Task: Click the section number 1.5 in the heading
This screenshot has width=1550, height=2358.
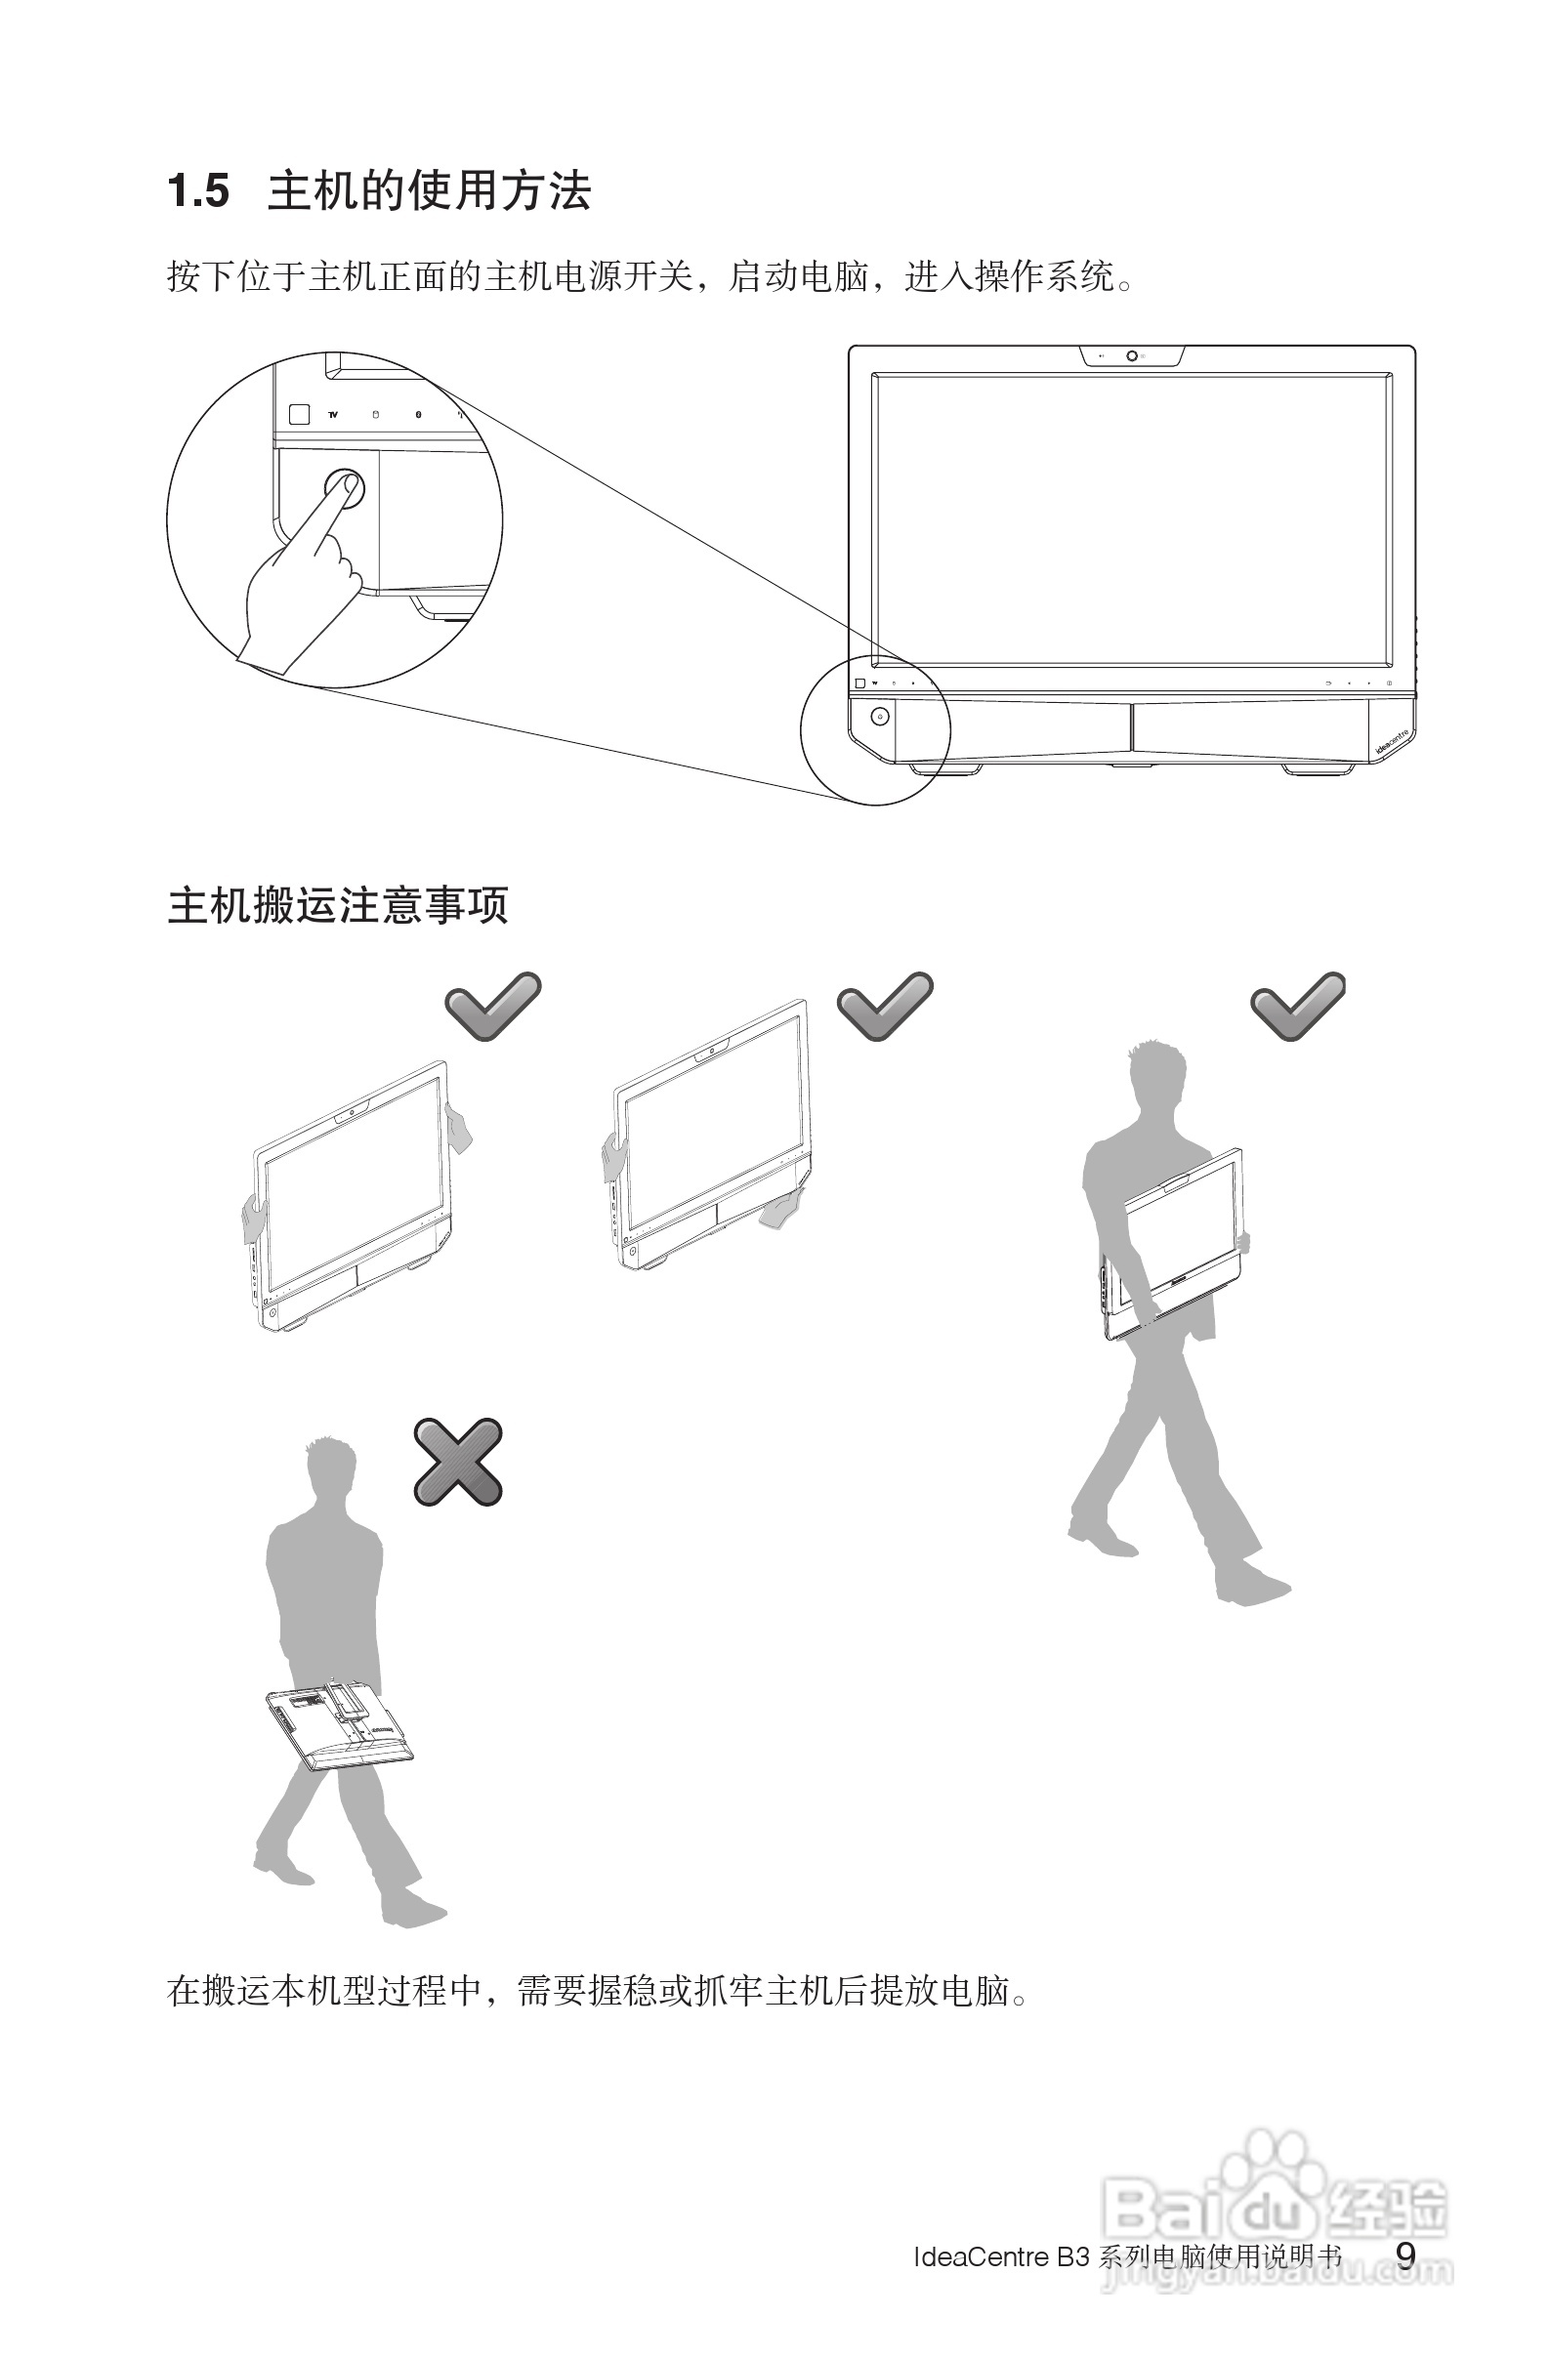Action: point(198,191)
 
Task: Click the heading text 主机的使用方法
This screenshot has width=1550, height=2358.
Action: point(429,191)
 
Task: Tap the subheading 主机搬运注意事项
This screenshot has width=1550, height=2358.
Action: point(338,905)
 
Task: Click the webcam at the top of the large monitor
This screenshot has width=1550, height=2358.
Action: point(1132,355)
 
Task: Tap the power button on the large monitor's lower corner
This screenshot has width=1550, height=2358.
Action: point(879,717)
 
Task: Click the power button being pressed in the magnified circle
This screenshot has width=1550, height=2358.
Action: point(345,487)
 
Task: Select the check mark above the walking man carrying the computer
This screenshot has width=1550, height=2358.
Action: point(1298,1005)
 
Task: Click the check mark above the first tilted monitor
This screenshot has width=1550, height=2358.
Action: point(492,1005)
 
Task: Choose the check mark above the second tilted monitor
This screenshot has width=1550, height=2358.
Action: point(885,1005)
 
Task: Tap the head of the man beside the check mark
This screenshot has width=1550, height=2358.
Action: point(1156,1077)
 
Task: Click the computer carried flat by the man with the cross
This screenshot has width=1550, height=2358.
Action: point(340,1724)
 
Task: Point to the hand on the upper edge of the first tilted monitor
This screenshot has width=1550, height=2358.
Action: point(458,1128)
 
